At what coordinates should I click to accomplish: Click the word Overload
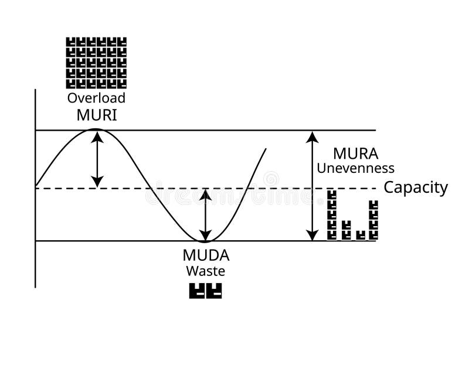96,98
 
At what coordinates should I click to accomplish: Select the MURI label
97,115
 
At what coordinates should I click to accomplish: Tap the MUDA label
206,255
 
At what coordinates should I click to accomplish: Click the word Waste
206,271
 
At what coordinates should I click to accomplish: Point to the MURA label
355,154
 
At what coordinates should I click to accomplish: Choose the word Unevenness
355,168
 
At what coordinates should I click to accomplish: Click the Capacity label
416,187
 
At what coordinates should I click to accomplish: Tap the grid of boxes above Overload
96,63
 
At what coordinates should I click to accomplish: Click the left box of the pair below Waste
197,291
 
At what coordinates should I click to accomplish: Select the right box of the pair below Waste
214,291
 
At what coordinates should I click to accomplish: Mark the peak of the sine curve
97,129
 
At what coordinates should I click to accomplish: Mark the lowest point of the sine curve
205,241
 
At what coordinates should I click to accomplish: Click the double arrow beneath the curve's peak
97,159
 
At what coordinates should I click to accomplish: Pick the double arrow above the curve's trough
205,214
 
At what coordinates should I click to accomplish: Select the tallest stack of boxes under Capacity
332,215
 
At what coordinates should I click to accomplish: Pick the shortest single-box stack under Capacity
360,235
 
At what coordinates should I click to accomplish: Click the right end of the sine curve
266,149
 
